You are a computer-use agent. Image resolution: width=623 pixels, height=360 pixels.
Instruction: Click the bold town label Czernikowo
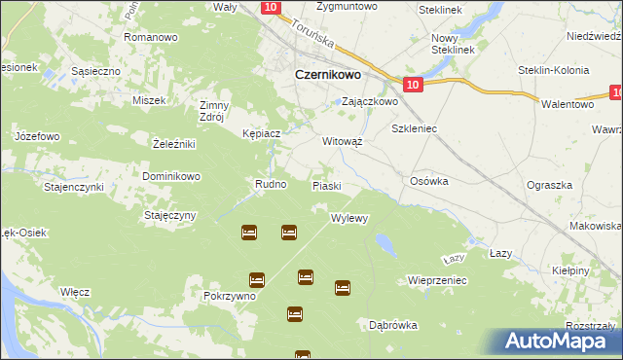[329, 73]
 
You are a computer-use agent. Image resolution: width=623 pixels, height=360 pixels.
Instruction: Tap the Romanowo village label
[150, 37]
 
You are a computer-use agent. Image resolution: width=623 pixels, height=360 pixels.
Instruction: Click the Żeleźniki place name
[175, 144]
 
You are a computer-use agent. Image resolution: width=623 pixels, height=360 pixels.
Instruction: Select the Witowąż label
[343, 140]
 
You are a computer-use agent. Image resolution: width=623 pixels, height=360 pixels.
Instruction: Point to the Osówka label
[428, 181]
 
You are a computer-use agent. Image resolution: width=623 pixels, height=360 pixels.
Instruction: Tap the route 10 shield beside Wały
[271, 7]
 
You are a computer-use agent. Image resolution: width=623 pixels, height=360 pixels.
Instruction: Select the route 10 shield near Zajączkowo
[413, 86]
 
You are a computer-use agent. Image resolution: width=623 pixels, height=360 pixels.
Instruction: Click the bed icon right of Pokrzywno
[257, 279]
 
